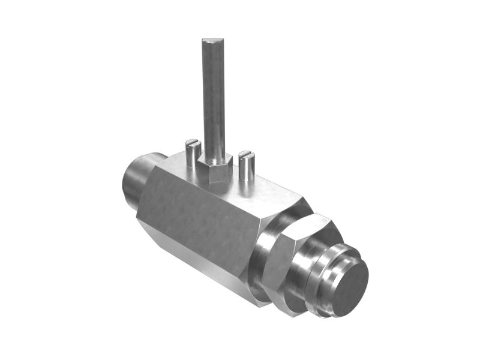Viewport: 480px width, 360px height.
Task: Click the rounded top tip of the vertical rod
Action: click(x=212, y=41)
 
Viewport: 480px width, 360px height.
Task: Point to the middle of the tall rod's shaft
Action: click(x=213, y=96)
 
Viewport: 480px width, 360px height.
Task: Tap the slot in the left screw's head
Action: click(x=193, y=143)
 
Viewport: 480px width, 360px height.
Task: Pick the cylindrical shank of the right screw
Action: click(x=247, y=169)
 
